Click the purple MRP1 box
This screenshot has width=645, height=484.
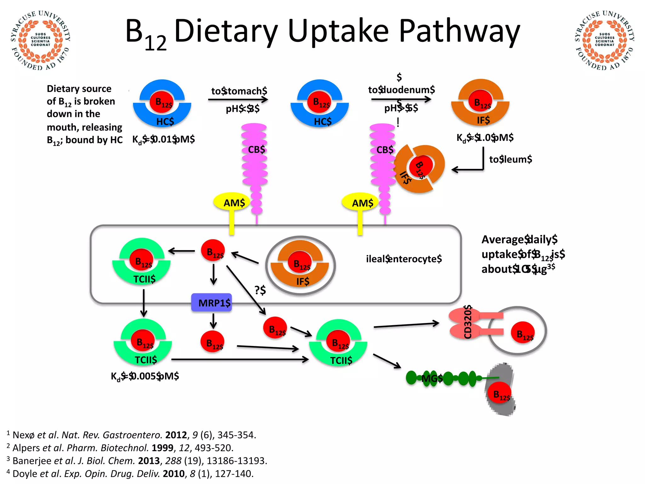212,302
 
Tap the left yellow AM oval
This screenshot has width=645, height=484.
232,203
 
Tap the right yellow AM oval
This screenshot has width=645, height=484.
361,203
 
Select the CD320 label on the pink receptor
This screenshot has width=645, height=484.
468,322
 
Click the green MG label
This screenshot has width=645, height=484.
432,378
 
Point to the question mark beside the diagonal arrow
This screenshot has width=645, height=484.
260,290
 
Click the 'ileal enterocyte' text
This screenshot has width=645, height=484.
404,259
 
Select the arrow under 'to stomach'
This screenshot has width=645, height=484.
238,100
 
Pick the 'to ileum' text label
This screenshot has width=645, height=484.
510,159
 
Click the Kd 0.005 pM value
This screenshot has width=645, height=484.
145,376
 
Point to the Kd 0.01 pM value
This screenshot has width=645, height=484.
163,139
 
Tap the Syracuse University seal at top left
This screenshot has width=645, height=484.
40,40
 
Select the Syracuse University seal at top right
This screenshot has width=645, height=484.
604,40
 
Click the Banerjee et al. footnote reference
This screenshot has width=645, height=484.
137,461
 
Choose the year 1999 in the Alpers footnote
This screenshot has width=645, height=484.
163,448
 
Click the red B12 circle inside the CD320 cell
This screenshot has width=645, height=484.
523,333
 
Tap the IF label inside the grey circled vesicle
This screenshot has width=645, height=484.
302,281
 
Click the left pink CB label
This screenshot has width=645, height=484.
256,149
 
